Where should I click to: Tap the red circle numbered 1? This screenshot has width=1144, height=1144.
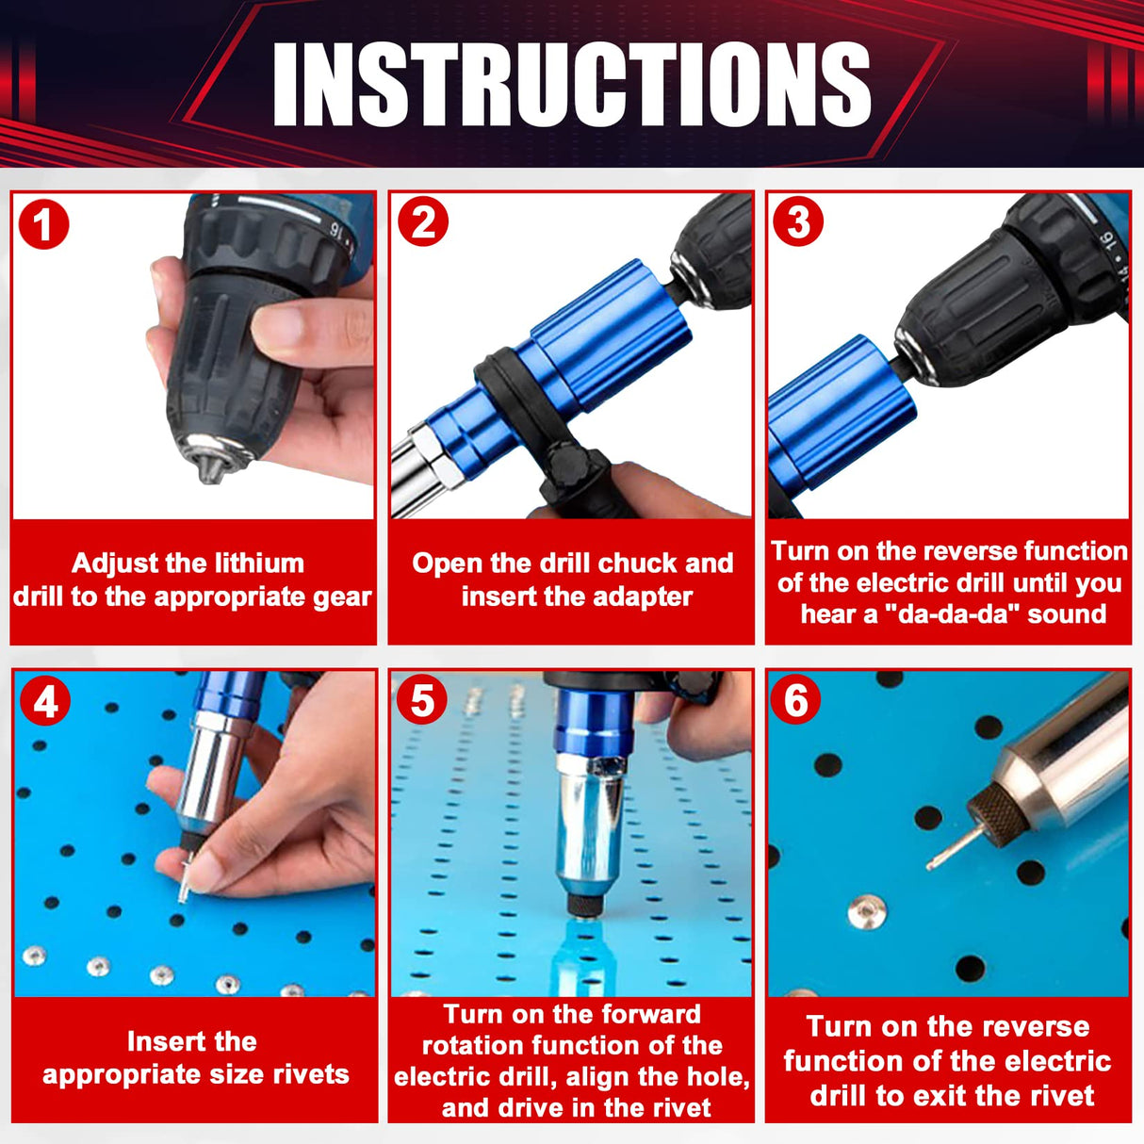[x=43, y=225]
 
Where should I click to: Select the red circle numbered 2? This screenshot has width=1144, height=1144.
[x=422, y=222]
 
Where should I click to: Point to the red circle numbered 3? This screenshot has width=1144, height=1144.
[x=798, y=222]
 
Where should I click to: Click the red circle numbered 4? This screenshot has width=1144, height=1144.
[x=45, y=702]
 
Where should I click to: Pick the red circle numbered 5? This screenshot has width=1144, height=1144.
[x=422, y=701]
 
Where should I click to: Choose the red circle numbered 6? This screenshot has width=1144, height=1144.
[x=796, y=700]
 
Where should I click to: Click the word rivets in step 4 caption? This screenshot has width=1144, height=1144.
[x=302, y=1074]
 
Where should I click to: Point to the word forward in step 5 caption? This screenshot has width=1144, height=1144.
[x=650, y=1014]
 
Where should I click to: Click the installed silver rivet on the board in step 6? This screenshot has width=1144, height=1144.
[x=866, y=911]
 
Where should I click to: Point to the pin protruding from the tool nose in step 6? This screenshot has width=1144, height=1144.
[x=950, y=848]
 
